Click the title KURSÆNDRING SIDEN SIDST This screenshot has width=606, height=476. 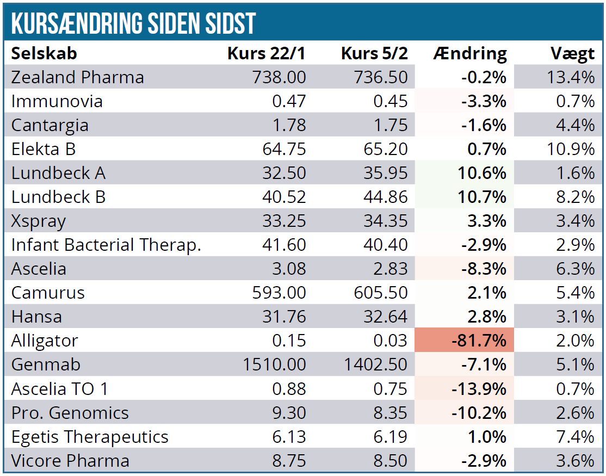coord(133,23)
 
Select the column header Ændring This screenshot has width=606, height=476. coord(470,53)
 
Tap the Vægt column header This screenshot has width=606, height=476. coord(572,53)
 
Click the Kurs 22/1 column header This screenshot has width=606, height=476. coord(267,53)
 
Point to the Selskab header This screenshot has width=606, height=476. coord(44,53)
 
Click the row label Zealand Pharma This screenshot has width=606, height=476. coord(78,77)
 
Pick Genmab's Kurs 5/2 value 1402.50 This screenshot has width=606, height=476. coord(376,364)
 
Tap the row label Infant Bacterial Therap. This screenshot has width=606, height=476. coord(106,245)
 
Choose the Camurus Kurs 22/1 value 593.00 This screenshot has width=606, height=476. coord(279,293)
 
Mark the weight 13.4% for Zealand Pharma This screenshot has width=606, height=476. coord(571,77)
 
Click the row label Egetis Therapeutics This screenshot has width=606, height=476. coord(90,436)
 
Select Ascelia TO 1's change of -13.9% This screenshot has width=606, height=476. coord(479,388)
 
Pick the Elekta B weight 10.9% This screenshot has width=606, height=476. coord(571,149)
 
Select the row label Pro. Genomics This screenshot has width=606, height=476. coord(70,412)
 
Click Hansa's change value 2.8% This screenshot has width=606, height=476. coord(487,317)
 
